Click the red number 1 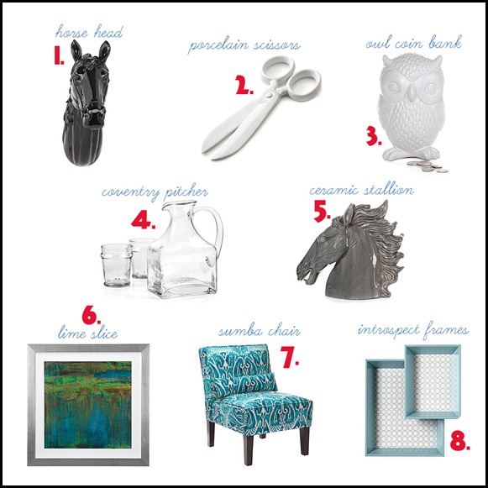click(58, 55)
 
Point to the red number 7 click(289, 357)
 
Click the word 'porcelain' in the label click(218, 46)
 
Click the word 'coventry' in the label click(130, 192)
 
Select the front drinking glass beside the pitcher click(116, 265)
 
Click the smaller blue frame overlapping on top click(433, 381)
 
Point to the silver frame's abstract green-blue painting click(87, 405)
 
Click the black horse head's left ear click(76, 50)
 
